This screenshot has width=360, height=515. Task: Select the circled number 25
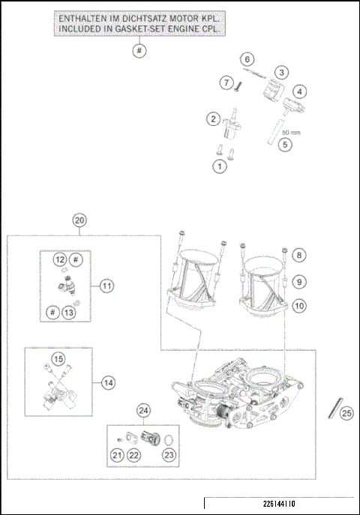tap(346, 412)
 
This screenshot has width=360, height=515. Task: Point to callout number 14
tap(108, 382)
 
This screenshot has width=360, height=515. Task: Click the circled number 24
tap(144, 410)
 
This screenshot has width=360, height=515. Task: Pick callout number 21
tap(116, 454)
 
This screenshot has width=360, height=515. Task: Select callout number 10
tap(300, 305)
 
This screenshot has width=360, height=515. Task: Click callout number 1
tap(219, 166)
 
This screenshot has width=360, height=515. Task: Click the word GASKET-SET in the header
tap(164, 28)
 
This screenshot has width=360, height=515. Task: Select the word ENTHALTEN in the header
tap(85, 16)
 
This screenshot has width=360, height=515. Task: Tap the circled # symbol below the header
tap(139, 51)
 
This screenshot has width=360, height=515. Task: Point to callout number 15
tap(58, 359)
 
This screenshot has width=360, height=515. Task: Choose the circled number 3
tap(280, 73)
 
